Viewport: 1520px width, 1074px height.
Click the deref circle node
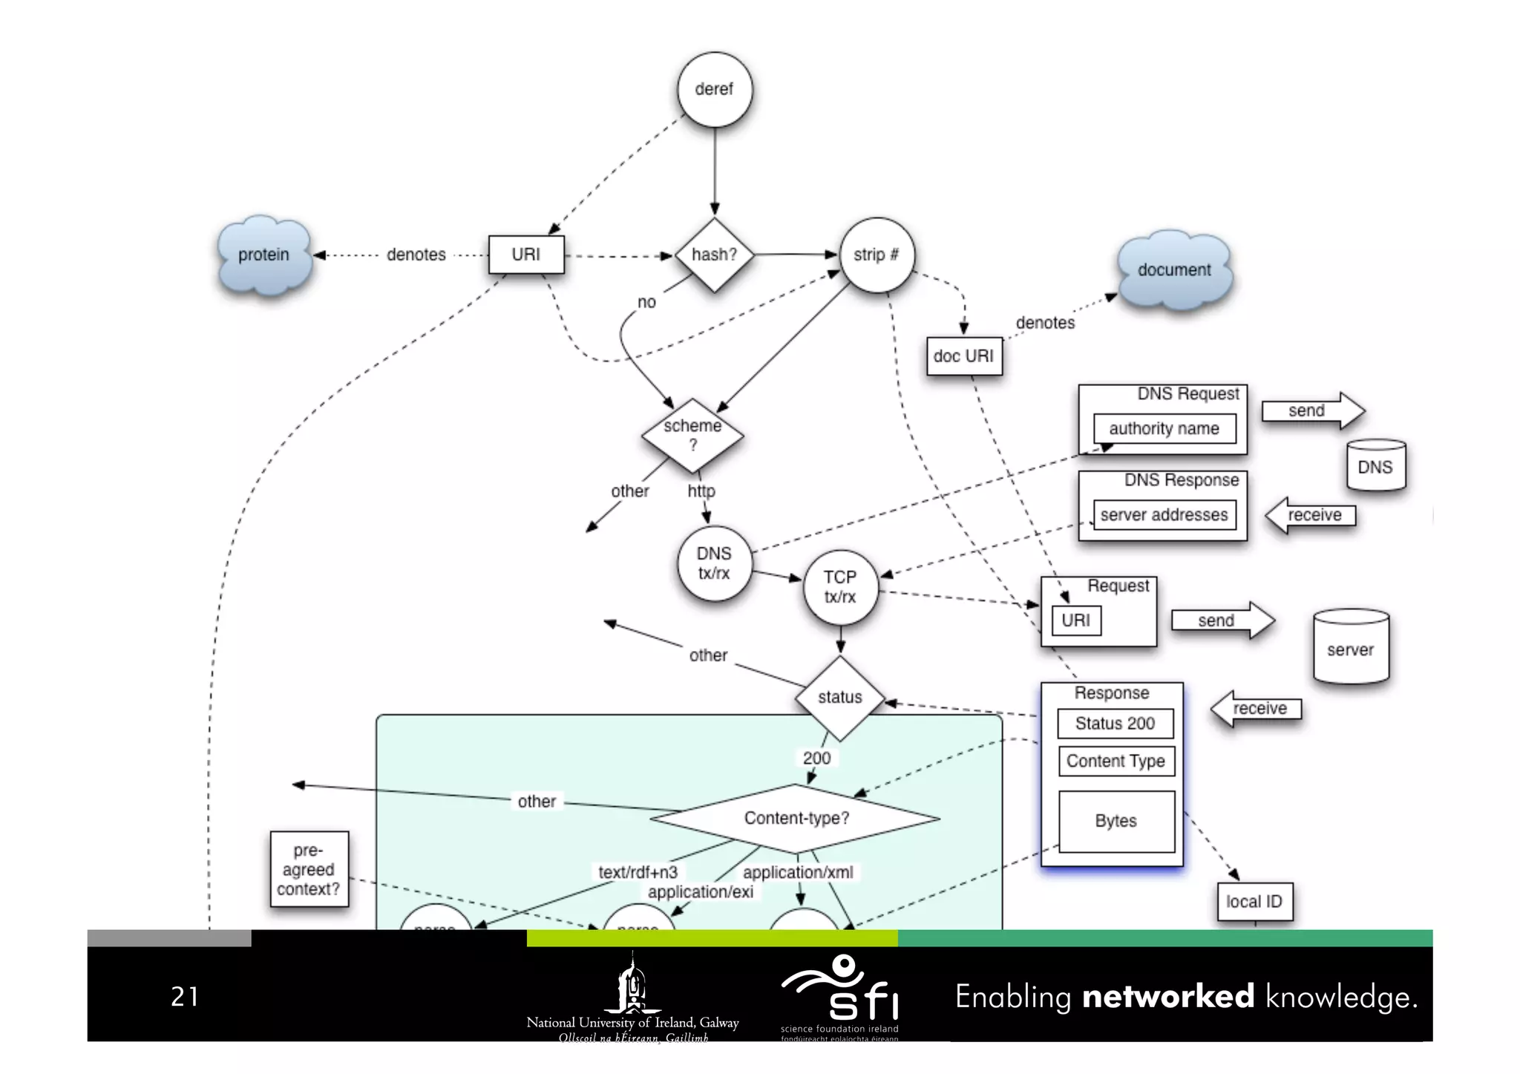(714, 90)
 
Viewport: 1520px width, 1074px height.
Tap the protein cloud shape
(263, 255)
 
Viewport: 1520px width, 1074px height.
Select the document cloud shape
(1174, 270)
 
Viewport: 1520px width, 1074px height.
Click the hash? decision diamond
(714, 255)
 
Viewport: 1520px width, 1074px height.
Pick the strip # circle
(876, 255)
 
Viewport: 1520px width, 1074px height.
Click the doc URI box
(963, 356)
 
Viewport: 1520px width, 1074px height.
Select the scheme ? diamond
(692, 436)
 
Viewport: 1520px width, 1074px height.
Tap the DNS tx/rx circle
(714, 563)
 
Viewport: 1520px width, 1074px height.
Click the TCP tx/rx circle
(840, 587)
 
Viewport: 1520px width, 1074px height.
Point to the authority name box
(1164, 429)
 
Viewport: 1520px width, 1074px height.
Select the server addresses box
(1164, 515)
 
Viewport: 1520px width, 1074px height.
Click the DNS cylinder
(1375, 466)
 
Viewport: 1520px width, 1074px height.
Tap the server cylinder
(1350, 647)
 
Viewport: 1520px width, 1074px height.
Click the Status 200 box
(1115, 724)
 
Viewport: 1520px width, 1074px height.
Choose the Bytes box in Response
(1116, 821)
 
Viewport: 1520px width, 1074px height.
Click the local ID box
(1254, 902)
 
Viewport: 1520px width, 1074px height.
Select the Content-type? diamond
(796, 819)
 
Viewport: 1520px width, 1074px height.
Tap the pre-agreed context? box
(309, 869)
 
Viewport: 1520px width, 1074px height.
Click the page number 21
(185, 997)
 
